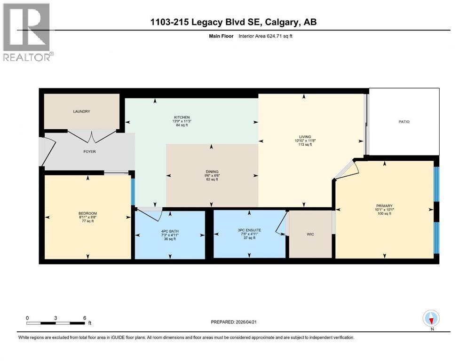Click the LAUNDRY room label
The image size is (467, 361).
point(81,111)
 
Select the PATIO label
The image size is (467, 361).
point(404,122)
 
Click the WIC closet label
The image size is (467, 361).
point(310,234)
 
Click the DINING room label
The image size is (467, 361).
point(212,172)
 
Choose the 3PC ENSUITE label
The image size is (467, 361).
point(249,230)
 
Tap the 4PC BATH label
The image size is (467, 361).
point(169,230)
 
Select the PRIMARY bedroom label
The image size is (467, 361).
point(384,205)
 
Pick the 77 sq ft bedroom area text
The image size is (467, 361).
point(87,221)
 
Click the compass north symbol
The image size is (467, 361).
point(431,319)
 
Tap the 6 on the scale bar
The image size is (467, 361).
point(85,318)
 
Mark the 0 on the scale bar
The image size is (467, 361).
point(27,318)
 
